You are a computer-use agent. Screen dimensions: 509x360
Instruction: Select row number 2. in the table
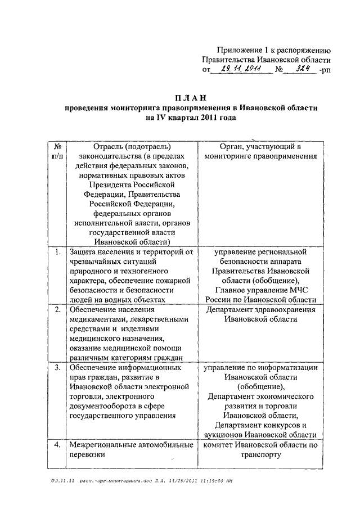click(57, 310)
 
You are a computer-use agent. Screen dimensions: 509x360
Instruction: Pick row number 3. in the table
click(57, 368)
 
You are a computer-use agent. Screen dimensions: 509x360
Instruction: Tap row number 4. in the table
click(57, 445)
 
